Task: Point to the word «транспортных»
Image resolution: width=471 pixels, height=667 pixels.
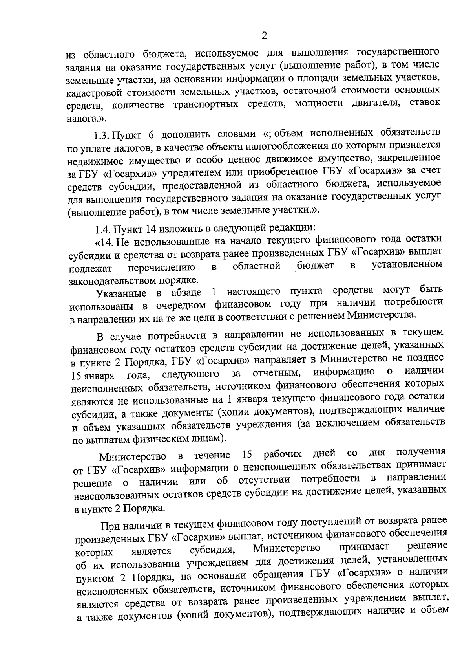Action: coord(204,105)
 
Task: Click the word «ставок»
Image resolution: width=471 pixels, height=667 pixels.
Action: coord(425,102)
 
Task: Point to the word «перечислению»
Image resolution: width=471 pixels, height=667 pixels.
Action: coord(162,268)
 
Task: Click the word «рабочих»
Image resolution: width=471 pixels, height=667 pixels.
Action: coord(283,454)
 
